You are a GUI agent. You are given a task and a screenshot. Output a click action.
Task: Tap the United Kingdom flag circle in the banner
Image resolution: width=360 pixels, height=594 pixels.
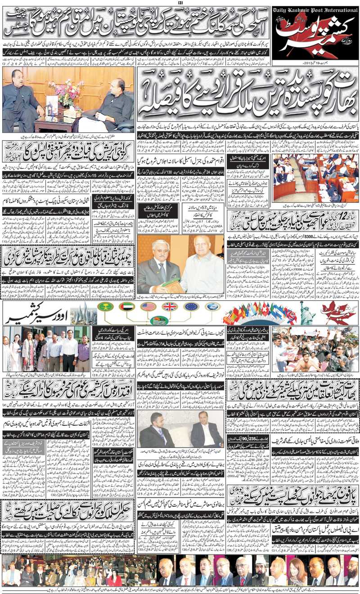(170, 307)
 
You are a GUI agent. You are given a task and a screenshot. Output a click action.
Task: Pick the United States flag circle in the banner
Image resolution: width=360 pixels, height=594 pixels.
(148, 307)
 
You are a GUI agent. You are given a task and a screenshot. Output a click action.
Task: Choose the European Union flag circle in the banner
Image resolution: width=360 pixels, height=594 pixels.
(191, 307)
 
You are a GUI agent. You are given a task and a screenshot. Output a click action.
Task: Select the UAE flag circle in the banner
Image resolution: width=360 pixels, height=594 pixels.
(127, 307)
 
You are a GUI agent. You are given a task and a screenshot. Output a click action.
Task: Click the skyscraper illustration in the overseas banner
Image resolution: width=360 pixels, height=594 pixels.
(83, 313)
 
